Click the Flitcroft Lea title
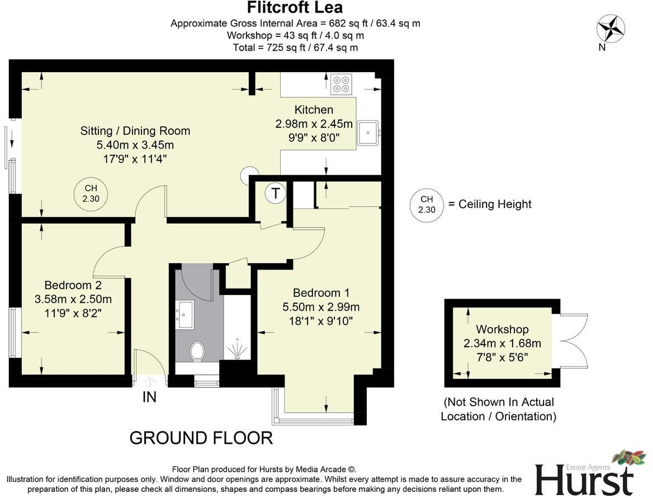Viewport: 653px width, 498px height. (x=295, y=8)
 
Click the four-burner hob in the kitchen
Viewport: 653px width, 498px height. (x=341, y=83)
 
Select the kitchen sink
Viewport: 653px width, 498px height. (x=368, y=133)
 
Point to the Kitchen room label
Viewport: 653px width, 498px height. (x=314, y=110)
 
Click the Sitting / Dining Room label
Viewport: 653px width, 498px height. (x=135, y=131)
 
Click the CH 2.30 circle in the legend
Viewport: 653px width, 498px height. (x=426, y=205)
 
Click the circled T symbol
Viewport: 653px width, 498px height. (x=275, y=194)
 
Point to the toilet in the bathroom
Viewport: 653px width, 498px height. (x=197, y=352)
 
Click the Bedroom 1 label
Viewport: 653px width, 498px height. (x=321, y=293)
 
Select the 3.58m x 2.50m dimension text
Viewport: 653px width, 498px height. (x=73, y=299)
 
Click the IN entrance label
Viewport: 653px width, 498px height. (x=149, y=397)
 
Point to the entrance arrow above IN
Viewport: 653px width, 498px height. (x=149, y=382)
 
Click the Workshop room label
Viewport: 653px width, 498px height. (x=502, y=330)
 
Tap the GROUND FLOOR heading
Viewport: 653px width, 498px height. (x=201, y=438)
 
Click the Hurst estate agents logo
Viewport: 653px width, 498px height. (x=586, y=475)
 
